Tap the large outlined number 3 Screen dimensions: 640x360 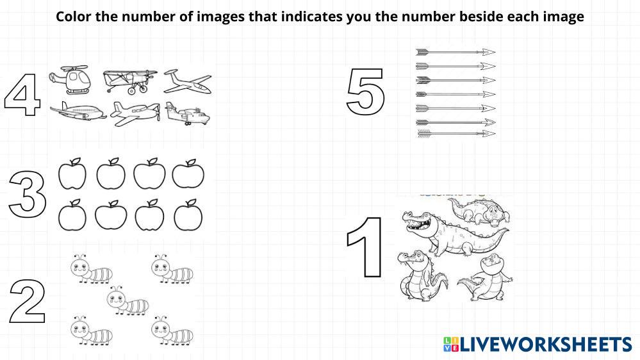tap(28, 194)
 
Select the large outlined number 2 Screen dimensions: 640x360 tap(28, 301)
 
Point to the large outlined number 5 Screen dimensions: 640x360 tap(365, 92)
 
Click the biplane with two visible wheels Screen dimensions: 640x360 tap(130, 81)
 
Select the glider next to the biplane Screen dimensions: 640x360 tap(188, 81)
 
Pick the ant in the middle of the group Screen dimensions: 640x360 tap(127, 301)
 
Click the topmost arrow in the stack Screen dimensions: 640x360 tap(455, 52)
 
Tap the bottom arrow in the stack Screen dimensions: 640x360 tap(456, 133)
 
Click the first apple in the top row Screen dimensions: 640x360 tap(72, 174)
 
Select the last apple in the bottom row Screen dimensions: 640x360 tap(188, 215)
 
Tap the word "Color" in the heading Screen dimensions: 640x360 tap(74, 17)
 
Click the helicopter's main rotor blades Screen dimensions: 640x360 tap(74, 67)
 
